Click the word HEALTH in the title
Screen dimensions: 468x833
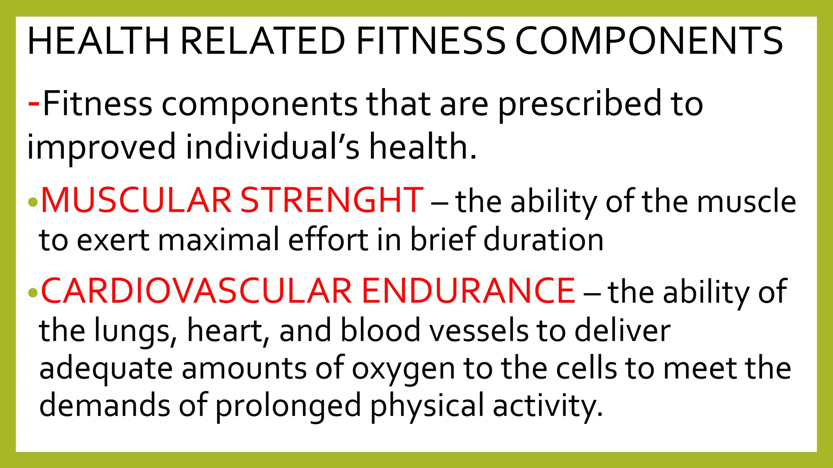[x=98, y=41]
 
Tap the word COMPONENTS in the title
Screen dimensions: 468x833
[x=649, y=41]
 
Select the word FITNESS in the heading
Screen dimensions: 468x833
[x=430, y=41]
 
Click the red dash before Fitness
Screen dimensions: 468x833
[x=34, y=104]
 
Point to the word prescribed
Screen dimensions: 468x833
[x=580, y=105]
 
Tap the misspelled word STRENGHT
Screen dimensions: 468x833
[x=332, y=200]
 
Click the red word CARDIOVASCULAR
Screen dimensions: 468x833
[x=196, y=291]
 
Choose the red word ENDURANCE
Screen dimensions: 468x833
[x=468, y=291]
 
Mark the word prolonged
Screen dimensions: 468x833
[x=288, y=406]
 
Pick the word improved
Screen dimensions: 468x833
[x=101, y=147]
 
